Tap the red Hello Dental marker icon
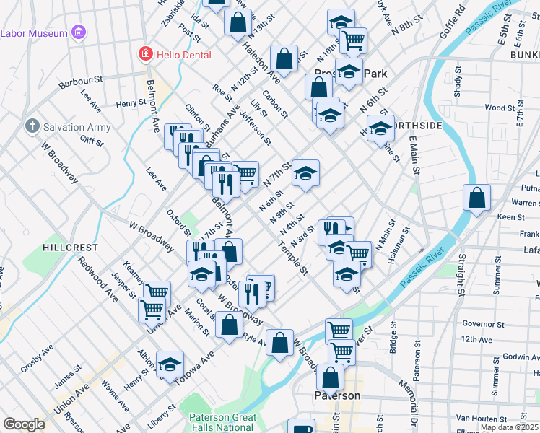[145, 54]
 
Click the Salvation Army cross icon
[32, 126]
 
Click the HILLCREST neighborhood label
[70, 247]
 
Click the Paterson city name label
[337, 396]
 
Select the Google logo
[24, 424]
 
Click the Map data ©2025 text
[508, 427]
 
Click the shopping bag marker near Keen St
[476, 198]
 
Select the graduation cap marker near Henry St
[170, 364]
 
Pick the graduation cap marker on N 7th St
[305, 173]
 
